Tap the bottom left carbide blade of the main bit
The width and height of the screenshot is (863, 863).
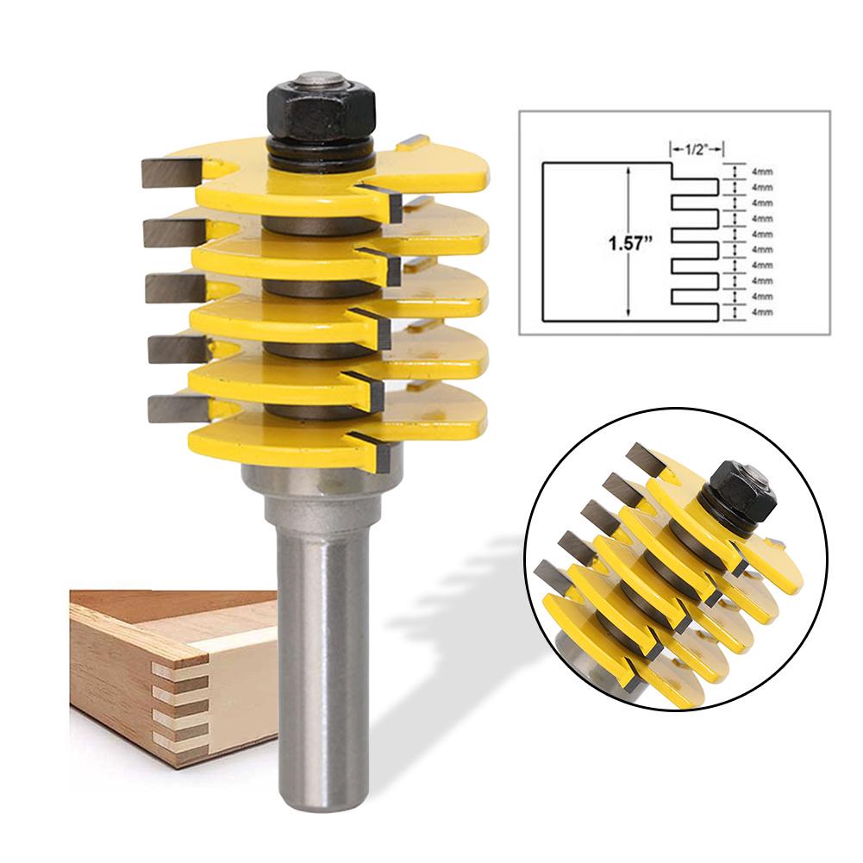tap(172, 407)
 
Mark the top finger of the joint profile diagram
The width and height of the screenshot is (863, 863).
tap(693, 186)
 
